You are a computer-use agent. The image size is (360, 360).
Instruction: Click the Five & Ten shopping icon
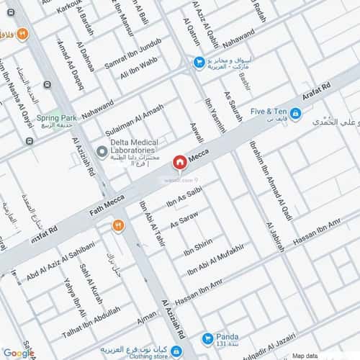(x=296, y=112)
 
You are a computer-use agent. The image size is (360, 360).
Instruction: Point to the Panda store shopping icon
(x=208, y=338)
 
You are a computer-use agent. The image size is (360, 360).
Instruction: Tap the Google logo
(x=18, y=353)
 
